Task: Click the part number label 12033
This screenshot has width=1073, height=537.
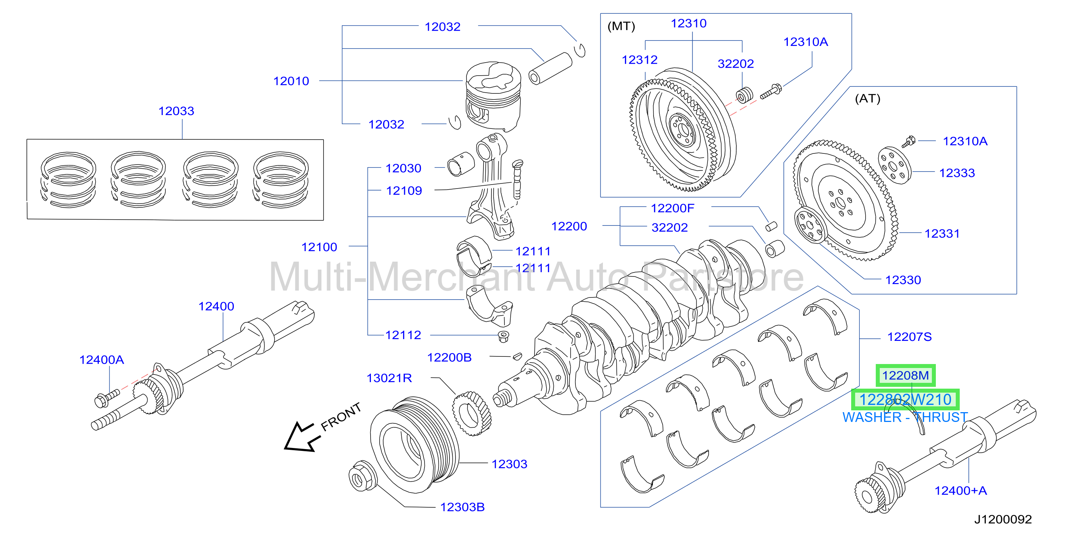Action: [176, 111]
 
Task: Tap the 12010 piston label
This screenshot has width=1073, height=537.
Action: [291, 81]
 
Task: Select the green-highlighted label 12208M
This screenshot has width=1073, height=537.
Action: [905, 375]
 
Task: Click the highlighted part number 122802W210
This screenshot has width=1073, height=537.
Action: [905, 399]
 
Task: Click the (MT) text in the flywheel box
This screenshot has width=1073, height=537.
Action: [621, 26]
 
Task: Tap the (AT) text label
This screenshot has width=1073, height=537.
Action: [868, 99]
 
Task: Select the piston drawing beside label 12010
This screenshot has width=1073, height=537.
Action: [493, 96]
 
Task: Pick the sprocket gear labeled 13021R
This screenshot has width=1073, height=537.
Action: [472, 413]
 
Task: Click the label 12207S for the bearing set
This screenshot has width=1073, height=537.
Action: [909, 337]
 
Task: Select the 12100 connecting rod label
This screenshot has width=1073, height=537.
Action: [319, 247]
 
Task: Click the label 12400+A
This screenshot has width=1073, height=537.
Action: [960, 490]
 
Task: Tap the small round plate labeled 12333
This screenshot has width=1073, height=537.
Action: [894, 166]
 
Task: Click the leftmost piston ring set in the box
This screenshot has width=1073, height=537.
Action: [68, 179]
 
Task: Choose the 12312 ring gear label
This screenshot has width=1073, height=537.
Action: [639, 60]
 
